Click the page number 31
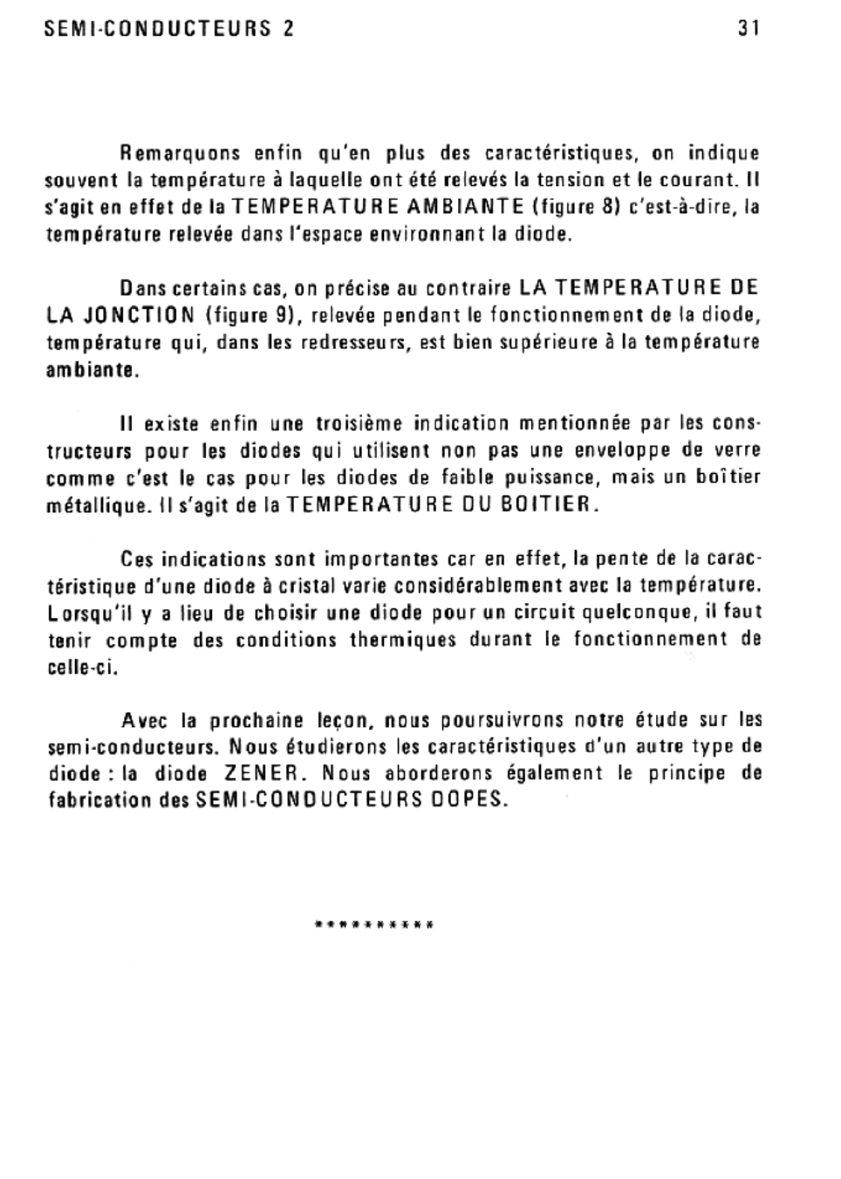749,28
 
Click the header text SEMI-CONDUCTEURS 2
169,28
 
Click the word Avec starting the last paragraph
145,720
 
